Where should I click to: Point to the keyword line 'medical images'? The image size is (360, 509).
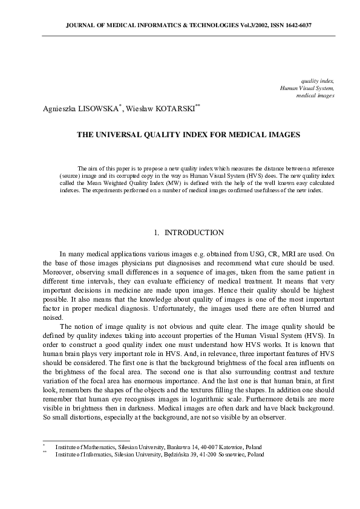pos(315,96)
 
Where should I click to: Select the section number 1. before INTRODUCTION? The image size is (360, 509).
pos(156,233)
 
